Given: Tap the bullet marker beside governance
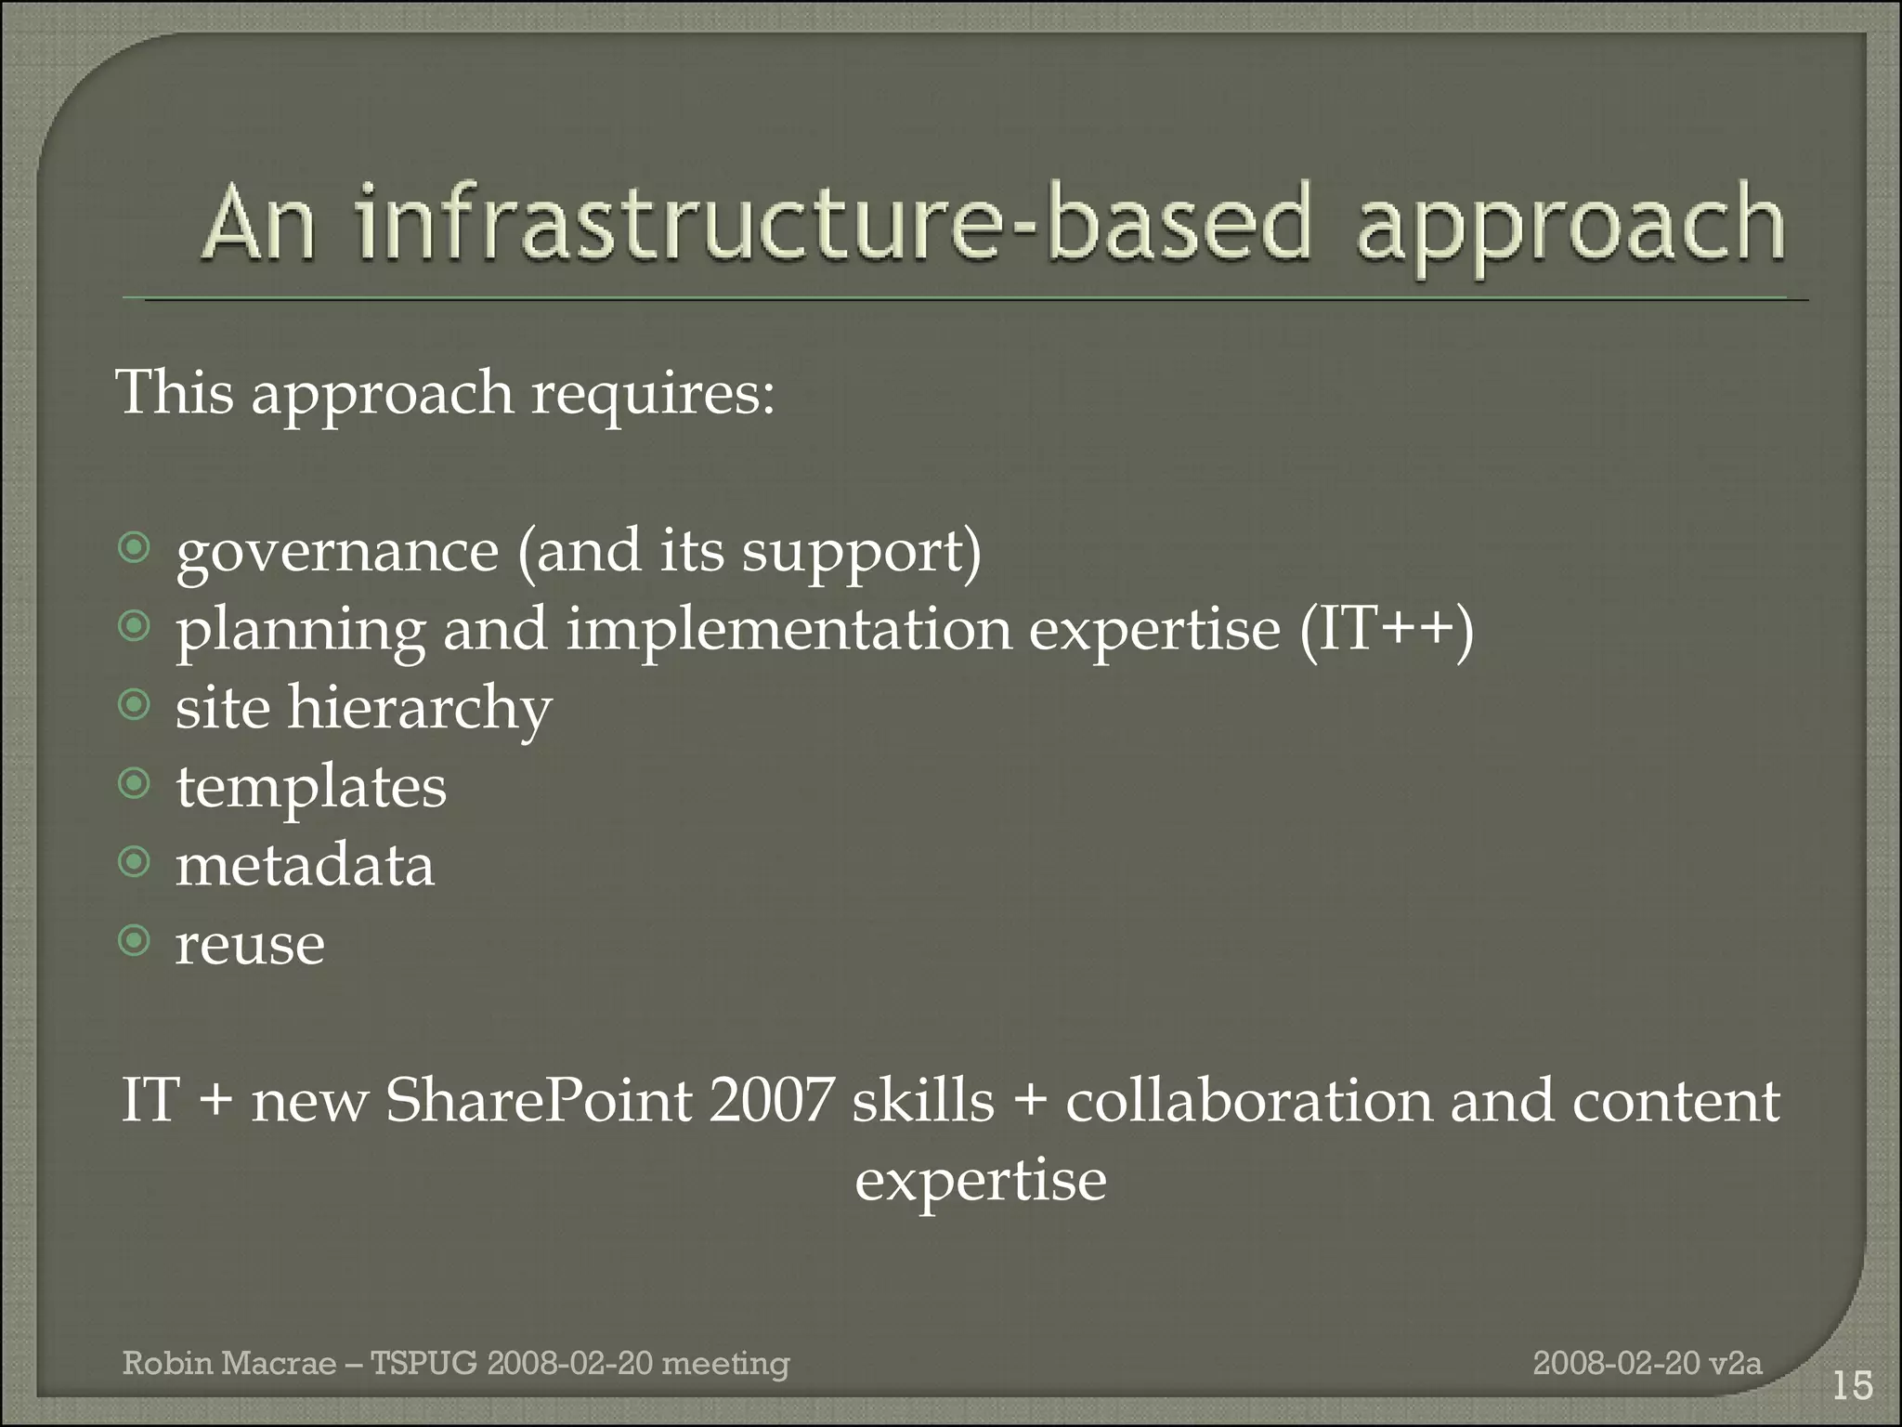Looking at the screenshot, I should (x=135, y=549).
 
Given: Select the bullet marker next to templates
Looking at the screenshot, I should (x=135, y=785).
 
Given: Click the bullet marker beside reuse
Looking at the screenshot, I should (x=135, y=942).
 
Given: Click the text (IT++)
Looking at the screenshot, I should (x=1386, y=631).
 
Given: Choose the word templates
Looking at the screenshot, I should (x=311, y=789).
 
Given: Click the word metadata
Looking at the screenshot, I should (x=305, y=866).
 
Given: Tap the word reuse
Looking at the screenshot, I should (x=250, y=946).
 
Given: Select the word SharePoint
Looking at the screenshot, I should (x=539, y=1102).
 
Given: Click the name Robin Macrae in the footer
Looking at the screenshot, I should (x=229, y=1363).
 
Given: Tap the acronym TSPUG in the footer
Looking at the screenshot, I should (x=423, y=1363).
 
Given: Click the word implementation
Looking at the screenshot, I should (x=788, y=631).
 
